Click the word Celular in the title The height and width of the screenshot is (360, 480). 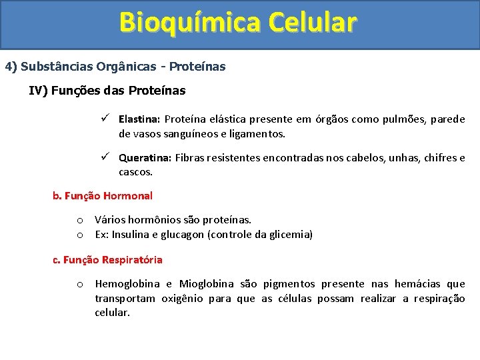coord(313,23)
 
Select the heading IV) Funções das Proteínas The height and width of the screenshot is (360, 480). coord(107,90)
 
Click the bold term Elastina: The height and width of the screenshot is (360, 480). coord(139,119)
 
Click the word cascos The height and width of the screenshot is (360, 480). coord(135,172)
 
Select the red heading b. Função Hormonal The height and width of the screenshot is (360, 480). coord(103,196)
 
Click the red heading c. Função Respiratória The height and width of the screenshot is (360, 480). coord(107,259)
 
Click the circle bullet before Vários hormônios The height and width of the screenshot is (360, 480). coord(79,220)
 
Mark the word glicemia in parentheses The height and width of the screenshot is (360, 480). coord(288,235)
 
